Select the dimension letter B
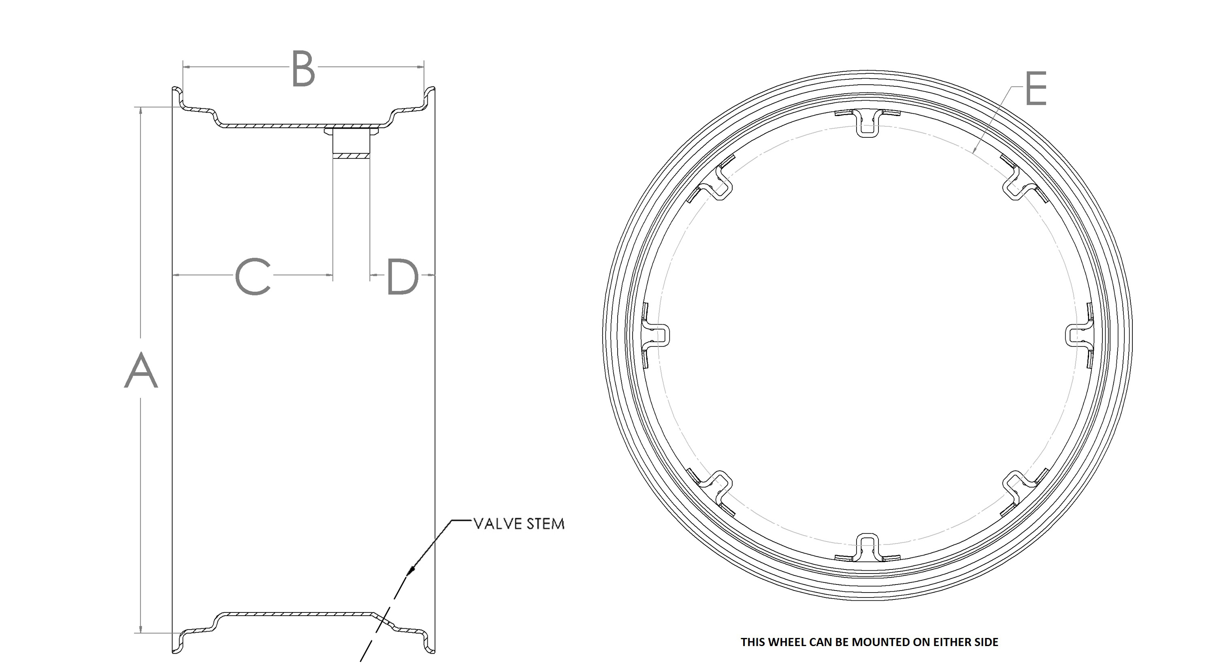[303, 69]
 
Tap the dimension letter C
[253, 276]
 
